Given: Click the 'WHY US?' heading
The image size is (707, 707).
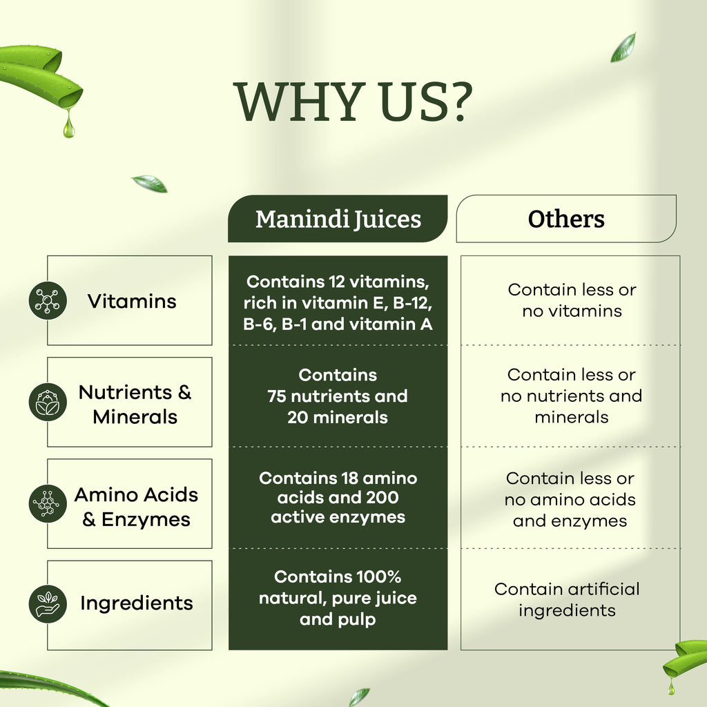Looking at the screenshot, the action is pyautogui.click(x=353, y=102).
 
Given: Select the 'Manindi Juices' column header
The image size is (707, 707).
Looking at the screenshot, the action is pyautogui.click(x=338, y=219).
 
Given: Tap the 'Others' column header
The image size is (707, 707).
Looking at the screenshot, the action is pyautogui.click(x=566, y=219).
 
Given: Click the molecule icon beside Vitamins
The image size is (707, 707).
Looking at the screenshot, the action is pyautogui.click(x=48, y=300).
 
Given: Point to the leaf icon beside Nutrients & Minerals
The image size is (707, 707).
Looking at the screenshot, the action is pyautogui.click(x=48, y=402).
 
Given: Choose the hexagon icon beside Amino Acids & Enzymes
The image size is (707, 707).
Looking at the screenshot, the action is pyautogui.click(x=48, y=503).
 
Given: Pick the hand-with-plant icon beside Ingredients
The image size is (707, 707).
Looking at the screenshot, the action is pyautogui.click(x=48, y=603).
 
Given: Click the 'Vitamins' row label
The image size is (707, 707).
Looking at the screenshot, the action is pyautogui.click(x=132, y=301).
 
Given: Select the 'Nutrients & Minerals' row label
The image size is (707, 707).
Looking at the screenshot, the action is pyautogui.click(x=135, y=405).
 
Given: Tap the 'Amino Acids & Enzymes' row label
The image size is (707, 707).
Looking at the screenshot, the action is pyautogui.click(x=136, y=507).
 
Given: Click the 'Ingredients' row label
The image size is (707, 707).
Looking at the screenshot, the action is pyautogui.click(x=137, y=603).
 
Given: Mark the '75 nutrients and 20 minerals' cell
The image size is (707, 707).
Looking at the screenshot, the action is pyautogui.click(x=338, y=396).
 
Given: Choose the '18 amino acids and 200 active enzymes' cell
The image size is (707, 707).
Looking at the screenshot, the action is pyautogui.click(x=338, y=497).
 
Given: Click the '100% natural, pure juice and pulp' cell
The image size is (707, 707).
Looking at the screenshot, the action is pyautogui.click(x=338, y=598).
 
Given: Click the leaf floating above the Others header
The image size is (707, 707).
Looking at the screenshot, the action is pyautogui.click(x=623, y=47).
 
